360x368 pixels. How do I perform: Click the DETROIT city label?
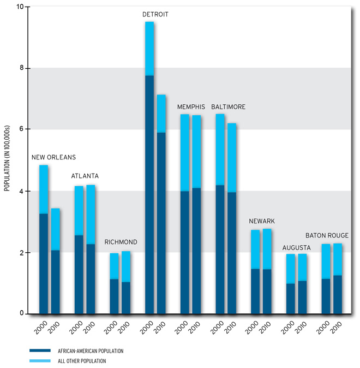pyautogui.click(x=155, y=14)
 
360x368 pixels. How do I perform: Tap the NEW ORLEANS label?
pyautogui.click(x=53, y=157)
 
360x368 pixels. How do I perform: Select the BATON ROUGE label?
pyautogui.click(x=327, y=235)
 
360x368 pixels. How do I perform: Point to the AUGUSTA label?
pyautogui.click(x=296, y=248)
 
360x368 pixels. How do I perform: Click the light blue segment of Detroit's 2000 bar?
pyautogui.click(x=149, y=49)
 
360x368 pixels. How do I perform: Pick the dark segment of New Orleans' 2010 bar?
pyautogui.click(x=55, y=282)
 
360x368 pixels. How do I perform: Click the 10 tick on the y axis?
pyautogui.click(x=21, y=7)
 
